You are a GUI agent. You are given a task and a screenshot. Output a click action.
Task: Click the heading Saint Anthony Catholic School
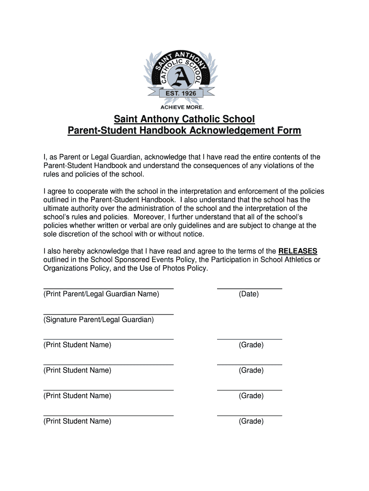tap(184, 119)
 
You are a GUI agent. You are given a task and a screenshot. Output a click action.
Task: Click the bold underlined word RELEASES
tap(298, 251)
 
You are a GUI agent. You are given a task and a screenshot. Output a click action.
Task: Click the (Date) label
tap(249, 294)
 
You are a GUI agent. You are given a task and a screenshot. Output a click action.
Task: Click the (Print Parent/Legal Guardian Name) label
tap(101, 294)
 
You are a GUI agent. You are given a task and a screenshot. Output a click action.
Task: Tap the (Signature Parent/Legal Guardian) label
tap(99, 319)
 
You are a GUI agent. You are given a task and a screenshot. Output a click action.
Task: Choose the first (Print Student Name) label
tap(77, 345)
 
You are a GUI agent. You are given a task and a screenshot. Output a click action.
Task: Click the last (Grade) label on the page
tap(251, 421)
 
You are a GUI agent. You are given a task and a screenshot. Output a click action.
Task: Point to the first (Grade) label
tap(251, 345)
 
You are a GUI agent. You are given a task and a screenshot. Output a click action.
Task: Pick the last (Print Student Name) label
tap(77, 421)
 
